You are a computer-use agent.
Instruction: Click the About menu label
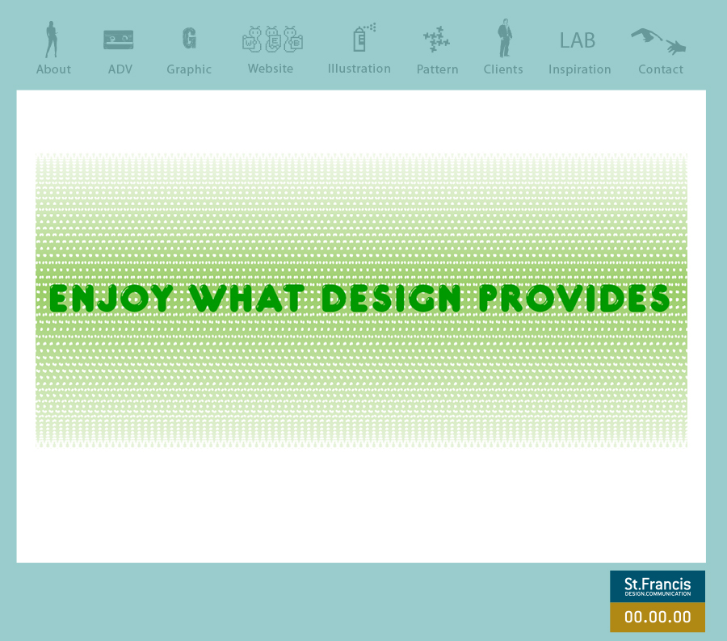point(53,69)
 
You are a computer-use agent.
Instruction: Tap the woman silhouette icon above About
point(52,40)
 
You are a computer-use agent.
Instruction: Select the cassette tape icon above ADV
point(118,40)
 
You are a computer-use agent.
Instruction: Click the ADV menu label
point(120,69)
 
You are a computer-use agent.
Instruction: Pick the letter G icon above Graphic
point(189,38)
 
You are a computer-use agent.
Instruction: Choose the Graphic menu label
point(189,69)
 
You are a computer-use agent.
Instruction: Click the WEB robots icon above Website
point(272,39)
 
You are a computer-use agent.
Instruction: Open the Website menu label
point(271,69)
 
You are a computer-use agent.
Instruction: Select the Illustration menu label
point(359,69)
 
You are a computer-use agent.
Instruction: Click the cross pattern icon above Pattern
point(436,39)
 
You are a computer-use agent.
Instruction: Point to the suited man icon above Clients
point(504,38)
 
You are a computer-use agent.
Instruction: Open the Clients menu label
point(503,69)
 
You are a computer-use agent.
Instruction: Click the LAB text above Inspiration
point(578,40)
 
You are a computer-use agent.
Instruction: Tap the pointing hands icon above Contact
point(658,41)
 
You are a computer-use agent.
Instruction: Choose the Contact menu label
point(661,69)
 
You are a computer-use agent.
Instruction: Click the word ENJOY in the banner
point(111,298)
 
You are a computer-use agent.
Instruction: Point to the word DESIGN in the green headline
point(391,298)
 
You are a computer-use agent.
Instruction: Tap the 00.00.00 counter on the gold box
point(658,617)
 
